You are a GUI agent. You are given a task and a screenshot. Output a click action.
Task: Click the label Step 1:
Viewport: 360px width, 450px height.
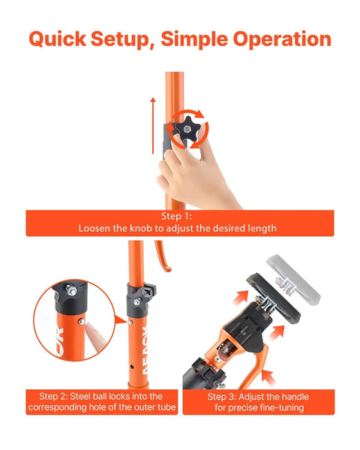179,216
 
